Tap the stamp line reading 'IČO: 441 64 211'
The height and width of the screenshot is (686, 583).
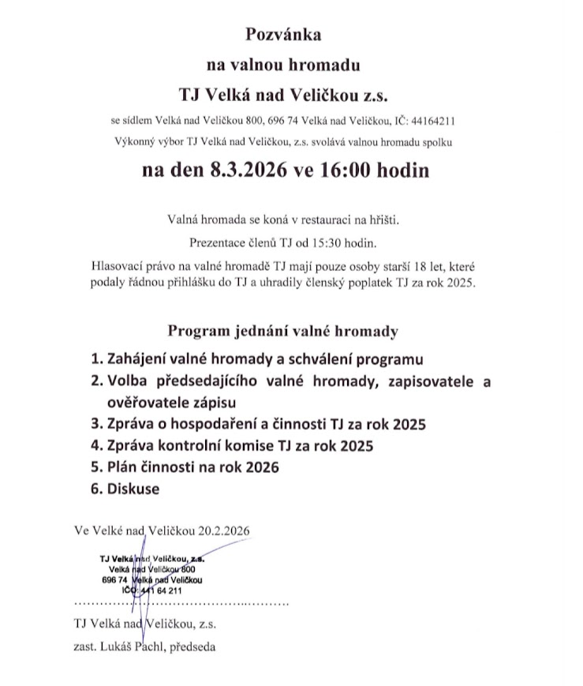pos(151,590)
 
